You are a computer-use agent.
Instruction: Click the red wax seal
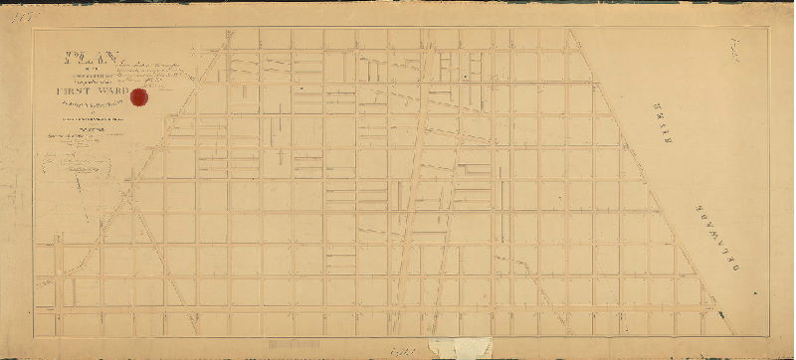[112, 97]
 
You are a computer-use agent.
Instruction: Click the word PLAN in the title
[82, 59]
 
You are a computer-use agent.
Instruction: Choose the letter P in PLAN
[66, 59]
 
